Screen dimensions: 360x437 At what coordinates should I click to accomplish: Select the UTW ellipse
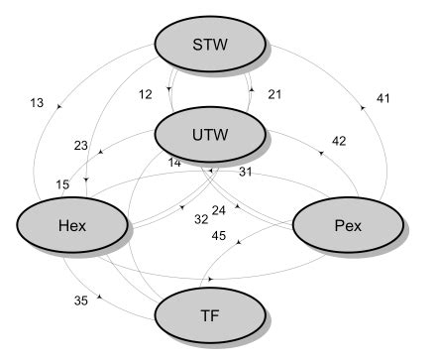coord(210,133)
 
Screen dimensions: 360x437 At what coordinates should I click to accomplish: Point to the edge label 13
coord(38,102)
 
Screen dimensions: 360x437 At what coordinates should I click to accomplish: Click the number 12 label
coord(146,94)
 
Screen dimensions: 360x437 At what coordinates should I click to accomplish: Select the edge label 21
coord(275,94)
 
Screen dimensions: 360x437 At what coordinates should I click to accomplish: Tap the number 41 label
coord(383,98)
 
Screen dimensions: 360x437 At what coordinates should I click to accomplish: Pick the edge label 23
coord(80,145)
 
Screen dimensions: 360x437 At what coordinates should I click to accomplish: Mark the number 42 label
coord(339,141)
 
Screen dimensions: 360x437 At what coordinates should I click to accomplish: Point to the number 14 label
coord(174,162)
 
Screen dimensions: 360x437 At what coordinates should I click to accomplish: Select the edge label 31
coord(247,172)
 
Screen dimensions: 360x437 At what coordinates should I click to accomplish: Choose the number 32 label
coord(201,219)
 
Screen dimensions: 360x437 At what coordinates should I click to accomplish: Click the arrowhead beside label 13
coord(62,104)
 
